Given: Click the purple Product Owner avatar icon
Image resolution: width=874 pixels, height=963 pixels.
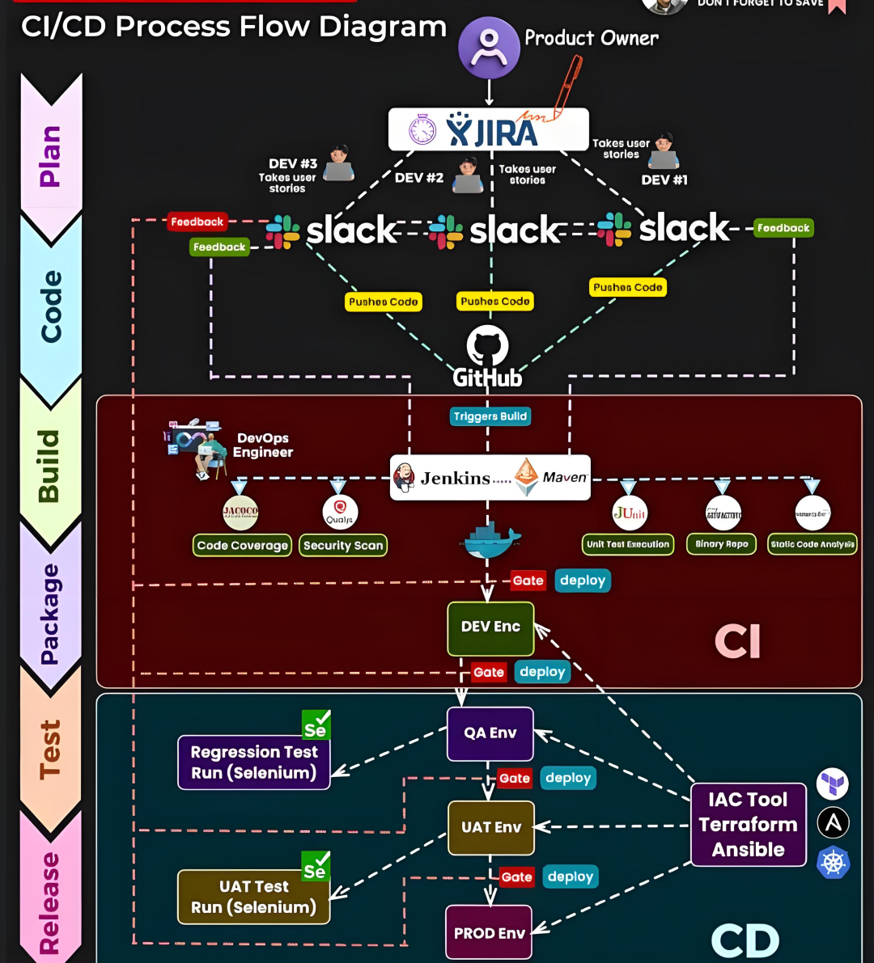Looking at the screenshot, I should coord(489,48).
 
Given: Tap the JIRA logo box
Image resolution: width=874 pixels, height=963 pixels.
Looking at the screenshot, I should coord(488,129).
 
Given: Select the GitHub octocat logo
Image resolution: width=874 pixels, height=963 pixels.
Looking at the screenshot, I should coord(487,346).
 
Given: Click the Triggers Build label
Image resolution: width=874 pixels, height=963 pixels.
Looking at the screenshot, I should coord(490,416).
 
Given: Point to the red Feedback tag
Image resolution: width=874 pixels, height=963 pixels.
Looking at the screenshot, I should coord(197,222).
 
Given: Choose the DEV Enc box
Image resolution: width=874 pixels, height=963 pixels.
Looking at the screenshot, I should coord(490,627).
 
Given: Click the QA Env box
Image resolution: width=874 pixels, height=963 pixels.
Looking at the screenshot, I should coord(490,733).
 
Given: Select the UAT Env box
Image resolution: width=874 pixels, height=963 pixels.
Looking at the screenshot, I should coord(491,827).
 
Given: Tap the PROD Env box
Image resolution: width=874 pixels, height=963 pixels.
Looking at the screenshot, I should coord(489,933).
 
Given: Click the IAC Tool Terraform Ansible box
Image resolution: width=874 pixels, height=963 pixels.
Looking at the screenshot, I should coord(748,824).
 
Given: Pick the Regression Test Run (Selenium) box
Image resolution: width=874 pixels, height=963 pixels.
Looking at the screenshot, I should coord(254,762).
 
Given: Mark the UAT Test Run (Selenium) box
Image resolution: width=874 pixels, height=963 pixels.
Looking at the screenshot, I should coord(253,897).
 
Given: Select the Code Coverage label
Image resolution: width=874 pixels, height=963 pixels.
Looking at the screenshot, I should coord(242,546).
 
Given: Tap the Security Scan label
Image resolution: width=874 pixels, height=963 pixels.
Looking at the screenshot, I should coord(343,546).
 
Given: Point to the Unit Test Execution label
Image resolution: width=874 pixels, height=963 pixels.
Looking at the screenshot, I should coord(628,544).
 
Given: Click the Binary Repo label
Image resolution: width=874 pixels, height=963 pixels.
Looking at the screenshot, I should coord(721,544).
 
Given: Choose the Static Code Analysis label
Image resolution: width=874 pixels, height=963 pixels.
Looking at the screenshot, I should coord(812,544).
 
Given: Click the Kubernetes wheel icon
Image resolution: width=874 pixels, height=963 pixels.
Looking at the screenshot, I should coord(833,862).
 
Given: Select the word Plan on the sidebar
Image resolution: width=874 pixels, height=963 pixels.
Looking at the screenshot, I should coord(50,156).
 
